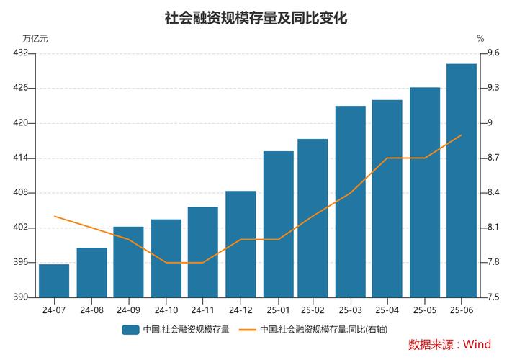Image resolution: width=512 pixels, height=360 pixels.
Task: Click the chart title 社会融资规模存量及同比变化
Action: point(256,18)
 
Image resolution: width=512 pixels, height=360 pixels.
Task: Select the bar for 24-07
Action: point(54,281)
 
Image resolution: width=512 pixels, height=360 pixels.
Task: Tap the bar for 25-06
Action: point(461,180)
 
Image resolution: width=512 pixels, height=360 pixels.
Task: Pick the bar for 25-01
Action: point(278,224)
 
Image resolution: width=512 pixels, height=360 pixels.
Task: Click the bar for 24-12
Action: point(241,244)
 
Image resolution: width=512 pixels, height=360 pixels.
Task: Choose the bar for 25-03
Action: point(350,202)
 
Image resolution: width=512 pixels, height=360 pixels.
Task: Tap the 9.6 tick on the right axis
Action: point(493,53)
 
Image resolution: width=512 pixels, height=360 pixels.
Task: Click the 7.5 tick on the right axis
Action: point(493,297)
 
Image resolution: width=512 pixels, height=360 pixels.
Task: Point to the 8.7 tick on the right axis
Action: point(493,158)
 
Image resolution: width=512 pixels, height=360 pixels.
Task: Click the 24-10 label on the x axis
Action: point(166,310)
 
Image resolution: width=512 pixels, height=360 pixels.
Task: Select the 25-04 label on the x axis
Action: point(387,310)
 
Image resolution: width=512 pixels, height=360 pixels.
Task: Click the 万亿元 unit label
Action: point(35,39)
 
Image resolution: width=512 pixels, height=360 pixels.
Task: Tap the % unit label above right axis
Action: point(480,39)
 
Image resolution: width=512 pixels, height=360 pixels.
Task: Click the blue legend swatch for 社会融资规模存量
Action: point(130,329)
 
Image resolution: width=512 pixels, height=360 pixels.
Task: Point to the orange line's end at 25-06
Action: point(461,135)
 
